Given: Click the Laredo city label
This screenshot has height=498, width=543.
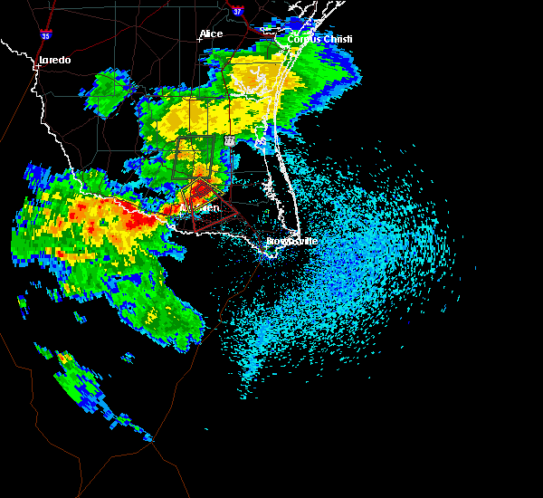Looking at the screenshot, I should click(x=54, y=61).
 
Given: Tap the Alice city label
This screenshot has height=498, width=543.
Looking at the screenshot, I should click(x=211, y=34).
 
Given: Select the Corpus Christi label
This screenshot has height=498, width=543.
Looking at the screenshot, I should click(x=319, y=39).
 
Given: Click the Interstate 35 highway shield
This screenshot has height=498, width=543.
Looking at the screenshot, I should click(x=45, y=35).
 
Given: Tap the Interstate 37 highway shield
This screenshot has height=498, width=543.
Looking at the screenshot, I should click(x=237, y=12).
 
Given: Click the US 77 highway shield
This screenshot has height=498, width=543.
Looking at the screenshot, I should click(x=230, y=141).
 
